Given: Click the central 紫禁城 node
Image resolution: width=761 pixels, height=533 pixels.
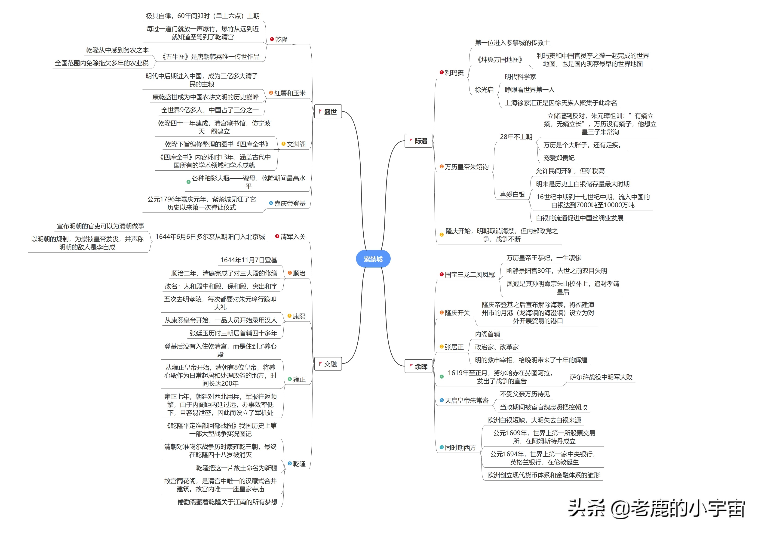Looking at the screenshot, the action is pyautogui.click(x=373, y=259).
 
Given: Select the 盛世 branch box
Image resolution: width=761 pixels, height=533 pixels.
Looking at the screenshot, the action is pyautogui.click(x=328, y=112).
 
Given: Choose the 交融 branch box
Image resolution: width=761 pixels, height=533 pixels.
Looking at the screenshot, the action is pyautogui.click(x=328, y=364).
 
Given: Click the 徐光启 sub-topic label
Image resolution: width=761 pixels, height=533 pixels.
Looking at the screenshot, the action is pyautogui.click(x=484, y=89).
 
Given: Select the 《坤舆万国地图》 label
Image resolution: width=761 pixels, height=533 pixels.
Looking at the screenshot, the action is pyautogui.click(x=500, y=60).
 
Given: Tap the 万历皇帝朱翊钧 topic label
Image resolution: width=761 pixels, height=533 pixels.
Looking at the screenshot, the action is pyautogui.click(x=467, y=167).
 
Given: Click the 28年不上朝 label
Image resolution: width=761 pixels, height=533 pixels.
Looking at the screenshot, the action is pyautogui.click(x=516, y=137).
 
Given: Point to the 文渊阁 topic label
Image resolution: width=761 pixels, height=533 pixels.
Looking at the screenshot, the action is pyautogui.click(x=296, y=144).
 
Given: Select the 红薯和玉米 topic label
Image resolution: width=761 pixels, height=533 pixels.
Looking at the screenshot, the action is pyautogui.click(x=290, y=93).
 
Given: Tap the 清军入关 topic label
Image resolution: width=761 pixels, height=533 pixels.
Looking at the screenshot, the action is pyautogui.click(x=293, y=236).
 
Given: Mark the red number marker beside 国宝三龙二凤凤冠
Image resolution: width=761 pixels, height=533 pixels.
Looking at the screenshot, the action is pyautogui.click(x=442, y=274).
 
